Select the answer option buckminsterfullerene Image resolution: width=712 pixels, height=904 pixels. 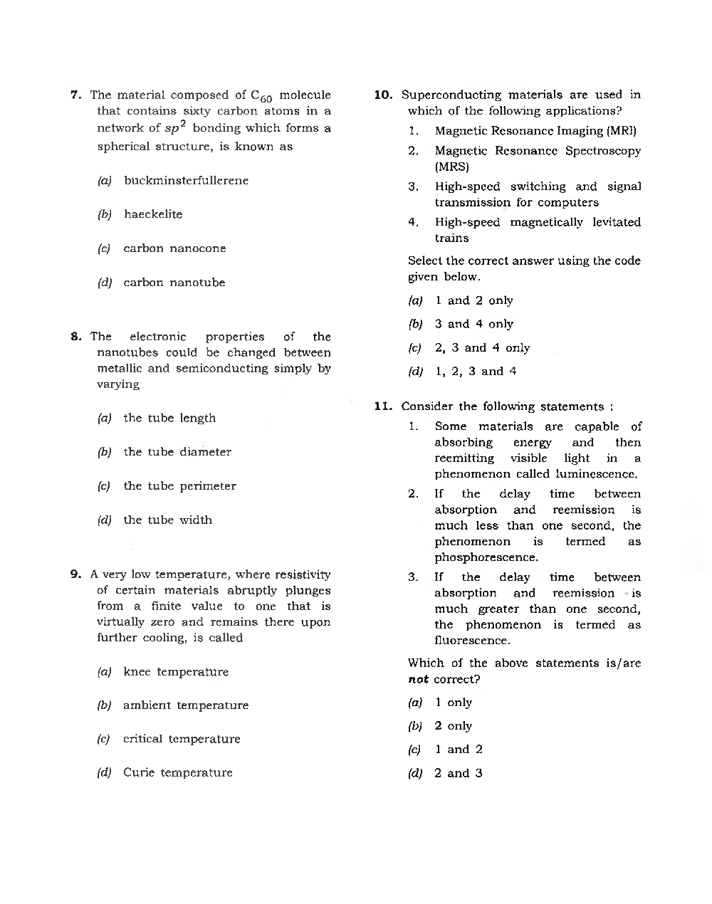(186, 181)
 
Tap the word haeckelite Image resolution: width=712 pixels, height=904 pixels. (153, 214)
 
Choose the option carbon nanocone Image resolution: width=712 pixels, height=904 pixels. (174, 248)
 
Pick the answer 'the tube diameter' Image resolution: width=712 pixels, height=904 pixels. (177, 452)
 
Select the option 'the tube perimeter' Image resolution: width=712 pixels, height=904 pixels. (179, 486)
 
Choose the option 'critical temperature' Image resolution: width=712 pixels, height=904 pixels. (182, 739)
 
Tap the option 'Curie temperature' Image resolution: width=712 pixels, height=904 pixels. (177, 772)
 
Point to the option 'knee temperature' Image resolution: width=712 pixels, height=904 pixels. (176, 672)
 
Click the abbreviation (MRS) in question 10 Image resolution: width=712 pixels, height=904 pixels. (452, 167)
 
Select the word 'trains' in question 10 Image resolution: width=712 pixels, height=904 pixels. (452, 238)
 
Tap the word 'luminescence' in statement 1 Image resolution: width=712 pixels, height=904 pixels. (596, 474)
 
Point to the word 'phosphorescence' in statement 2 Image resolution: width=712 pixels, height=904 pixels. (486, 557)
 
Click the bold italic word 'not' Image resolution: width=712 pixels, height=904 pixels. (419, 679)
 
